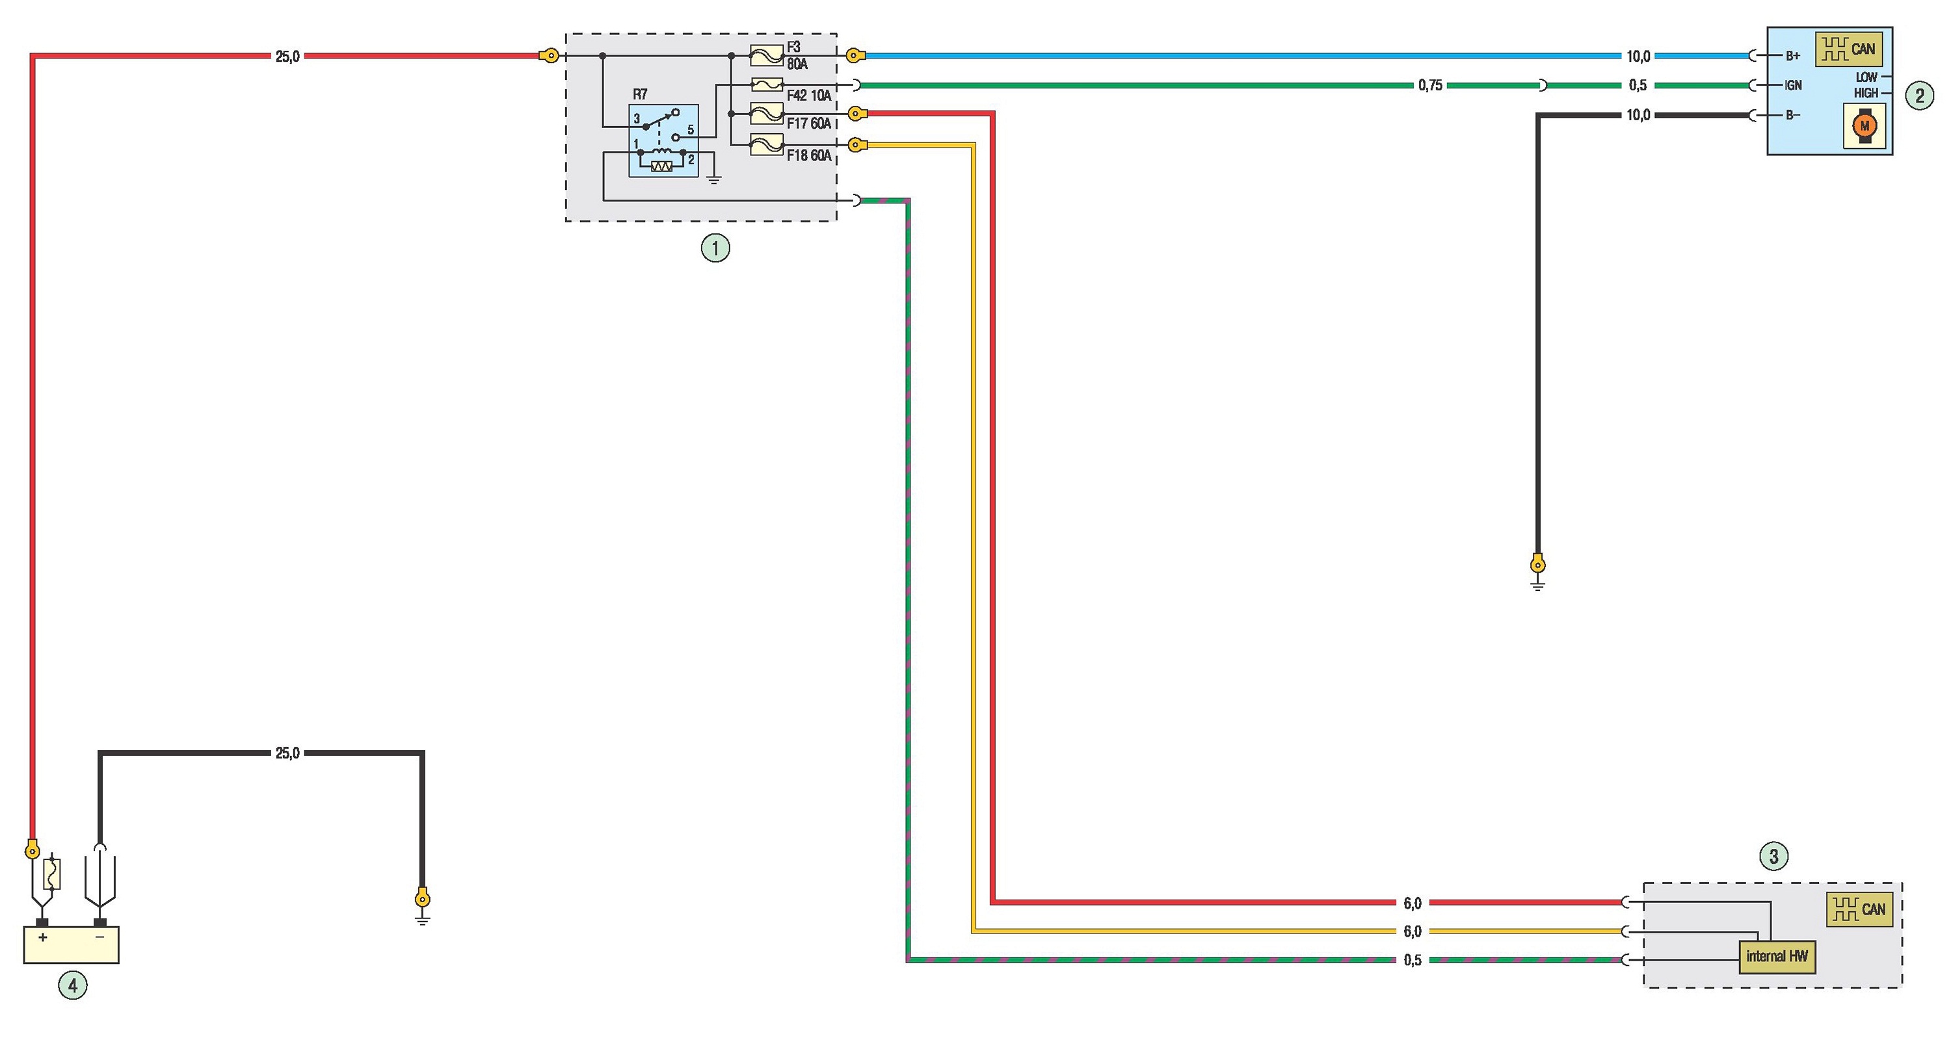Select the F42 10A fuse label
[809, 96]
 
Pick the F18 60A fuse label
[809, 155]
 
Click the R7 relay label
[640, 95]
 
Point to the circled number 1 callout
[715, 248]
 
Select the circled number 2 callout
[1919, 96]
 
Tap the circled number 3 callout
[1773, 856]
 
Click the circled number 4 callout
[73, 985]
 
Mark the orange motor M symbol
[1864, 125]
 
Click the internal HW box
[1777, 957]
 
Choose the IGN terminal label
[1793, 86]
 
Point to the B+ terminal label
[1793, 56]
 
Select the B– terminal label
[1793, 115]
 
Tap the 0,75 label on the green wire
[1430, 86]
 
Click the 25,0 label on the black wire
[287, 753]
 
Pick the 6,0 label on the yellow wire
[1413, 931]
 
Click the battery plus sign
[43, 937]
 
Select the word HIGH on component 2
[1866, 93]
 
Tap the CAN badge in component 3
[1859, 909]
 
